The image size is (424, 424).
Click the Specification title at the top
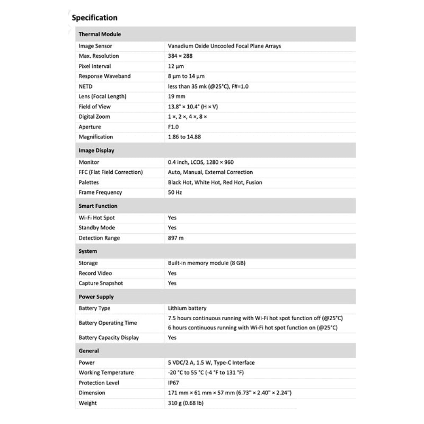pos(95,18)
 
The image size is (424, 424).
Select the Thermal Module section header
pos(100,34)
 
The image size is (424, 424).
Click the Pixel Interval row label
pos(95,66)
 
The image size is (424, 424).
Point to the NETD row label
pos(86,86)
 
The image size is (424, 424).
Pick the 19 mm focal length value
pos(177,97)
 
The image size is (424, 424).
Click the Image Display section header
pos(96,151)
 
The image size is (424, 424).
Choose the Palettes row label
pos(89,182)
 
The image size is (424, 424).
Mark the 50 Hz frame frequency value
pos(175,192)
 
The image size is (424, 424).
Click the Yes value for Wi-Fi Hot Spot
pos(173,218)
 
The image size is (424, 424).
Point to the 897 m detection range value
pos(176,238)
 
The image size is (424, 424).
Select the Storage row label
pos(88,263)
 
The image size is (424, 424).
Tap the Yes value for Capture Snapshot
pos(173,283)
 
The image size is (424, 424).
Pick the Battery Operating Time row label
pos(108,323)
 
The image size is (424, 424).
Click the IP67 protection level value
pos(174,383)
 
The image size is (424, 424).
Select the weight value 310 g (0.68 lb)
pos(186,403)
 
